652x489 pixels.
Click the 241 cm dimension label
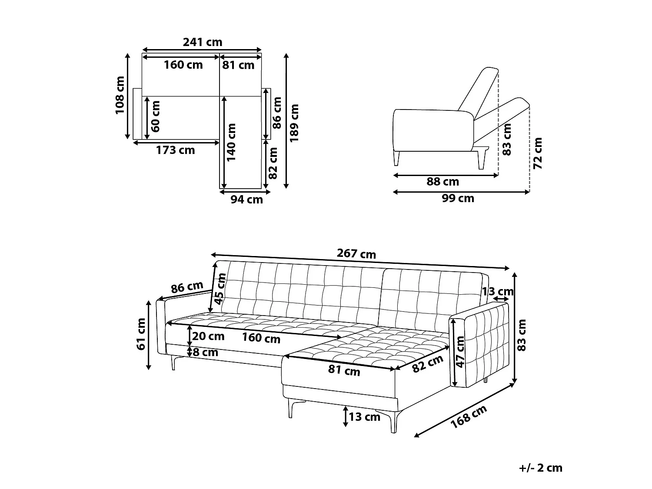tap(202, 43)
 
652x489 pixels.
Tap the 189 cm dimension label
tap(294, 123)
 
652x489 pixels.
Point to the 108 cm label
tap(120, 95)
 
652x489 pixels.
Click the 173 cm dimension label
tap(176, 150)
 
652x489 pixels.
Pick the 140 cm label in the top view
tap(231, 143)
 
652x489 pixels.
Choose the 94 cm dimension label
tap(246, 200)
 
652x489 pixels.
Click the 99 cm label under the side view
tap(458, 198)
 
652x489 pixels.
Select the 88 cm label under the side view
tap(442, 182)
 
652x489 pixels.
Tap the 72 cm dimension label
tap(538, 153)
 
